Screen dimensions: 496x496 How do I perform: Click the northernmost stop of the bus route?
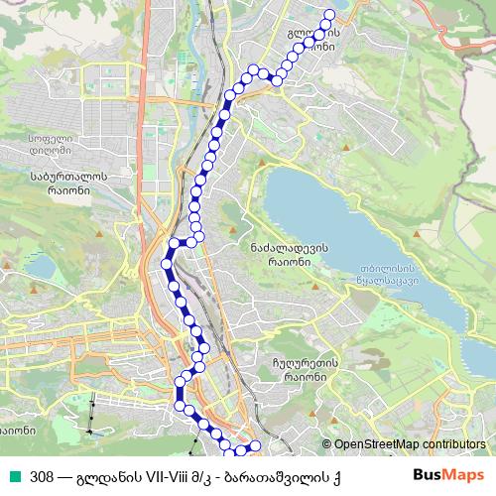pyautogui.click(x=330, y=15)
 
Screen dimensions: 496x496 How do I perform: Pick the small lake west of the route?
pyautogui.click(x=41, y=266)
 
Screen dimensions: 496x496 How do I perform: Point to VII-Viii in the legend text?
pyautogui.click(x=172, y=478)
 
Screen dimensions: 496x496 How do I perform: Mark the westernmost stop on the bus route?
pyautogui.click(x=165, y=263)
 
